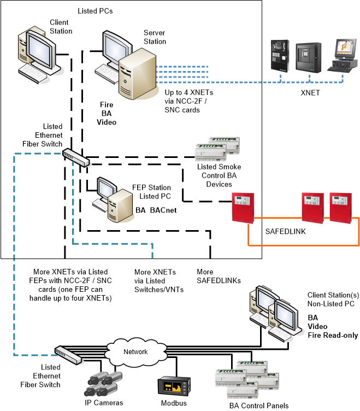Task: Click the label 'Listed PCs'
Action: [95, 11]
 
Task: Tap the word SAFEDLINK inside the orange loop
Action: [285, 231]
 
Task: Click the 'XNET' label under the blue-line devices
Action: [311, 93]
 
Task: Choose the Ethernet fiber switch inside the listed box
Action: [75, 157]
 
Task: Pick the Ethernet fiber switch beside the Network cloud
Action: [69, 355]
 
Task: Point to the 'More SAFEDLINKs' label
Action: [212, 276]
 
